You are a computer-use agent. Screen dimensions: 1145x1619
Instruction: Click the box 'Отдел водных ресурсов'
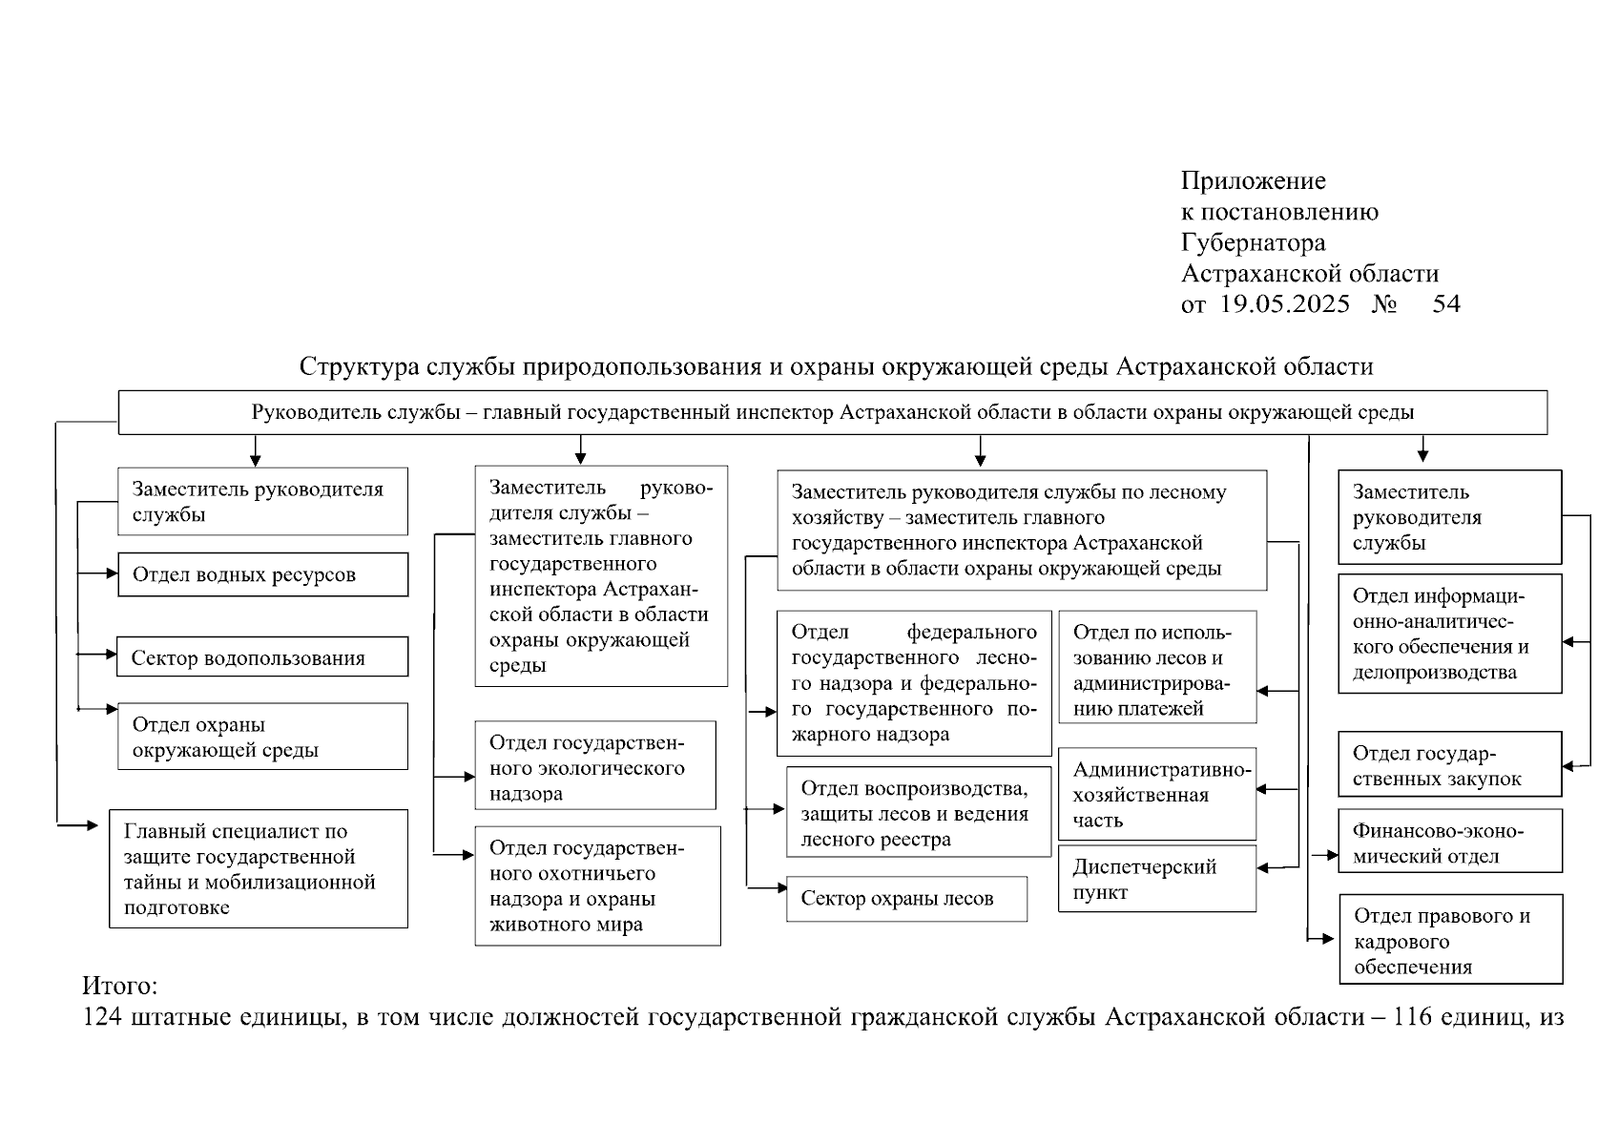[x=262, y=574]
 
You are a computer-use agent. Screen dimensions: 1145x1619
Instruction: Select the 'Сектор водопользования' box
[x=262, y=657]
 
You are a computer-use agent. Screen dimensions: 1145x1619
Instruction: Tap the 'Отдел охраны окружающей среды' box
[x=262, y=737]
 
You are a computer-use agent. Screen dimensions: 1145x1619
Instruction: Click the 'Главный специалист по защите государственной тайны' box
[x=259, y=868]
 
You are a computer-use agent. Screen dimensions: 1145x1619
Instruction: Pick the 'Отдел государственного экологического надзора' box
[x=595, y=766]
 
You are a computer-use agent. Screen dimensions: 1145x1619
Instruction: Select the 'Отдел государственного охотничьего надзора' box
[x=597, y=885]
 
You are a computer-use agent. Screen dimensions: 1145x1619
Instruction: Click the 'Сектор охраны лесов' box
[x=906, y=899]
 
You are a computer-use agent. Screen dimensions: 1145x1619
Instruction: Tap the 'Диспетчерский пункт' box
[x=1156, y=879]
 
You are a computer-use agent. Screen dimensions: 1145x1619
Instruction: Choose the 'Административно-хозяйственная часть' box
[x=1156, y=794]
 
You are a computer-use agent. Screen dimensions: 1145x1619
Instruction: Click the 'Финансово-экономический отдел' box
[x=1449, y=842]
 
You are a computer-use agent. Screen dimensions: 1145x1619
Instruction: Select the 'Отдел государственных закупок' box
[x=1449, y=764]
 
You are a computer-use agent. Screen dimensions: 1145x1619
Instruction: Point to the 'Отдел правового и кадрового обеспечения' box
[x=1450, y=939]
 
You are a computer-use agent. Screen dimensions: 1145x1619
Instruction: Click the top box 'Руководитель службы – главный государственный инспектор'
[x=832, y=412]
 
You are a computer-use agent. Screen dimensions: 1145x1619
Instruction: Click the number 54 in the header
[x=1446, y=304]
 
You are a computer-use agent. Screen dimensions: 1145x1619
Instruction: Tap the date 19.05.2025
[x=1285, y=304]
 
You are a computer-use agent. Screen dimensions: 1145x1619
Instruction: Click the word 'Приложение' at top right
[x=1253, y=181]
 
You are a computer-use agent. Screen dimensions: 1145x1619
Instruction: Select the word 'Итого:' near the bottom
[x=119, y=985]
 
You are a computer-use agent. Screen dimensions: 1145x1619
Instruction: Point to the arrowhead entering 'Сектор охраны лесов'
[x=780, y=888]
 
